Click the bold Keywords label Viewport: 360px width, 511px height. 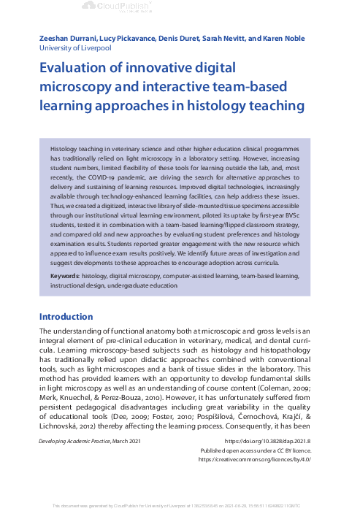pyautogui.click(x=67, y=277)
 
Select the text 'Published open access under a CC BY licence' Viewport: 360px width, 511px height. pyautogui.click(x=255, y=451)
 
